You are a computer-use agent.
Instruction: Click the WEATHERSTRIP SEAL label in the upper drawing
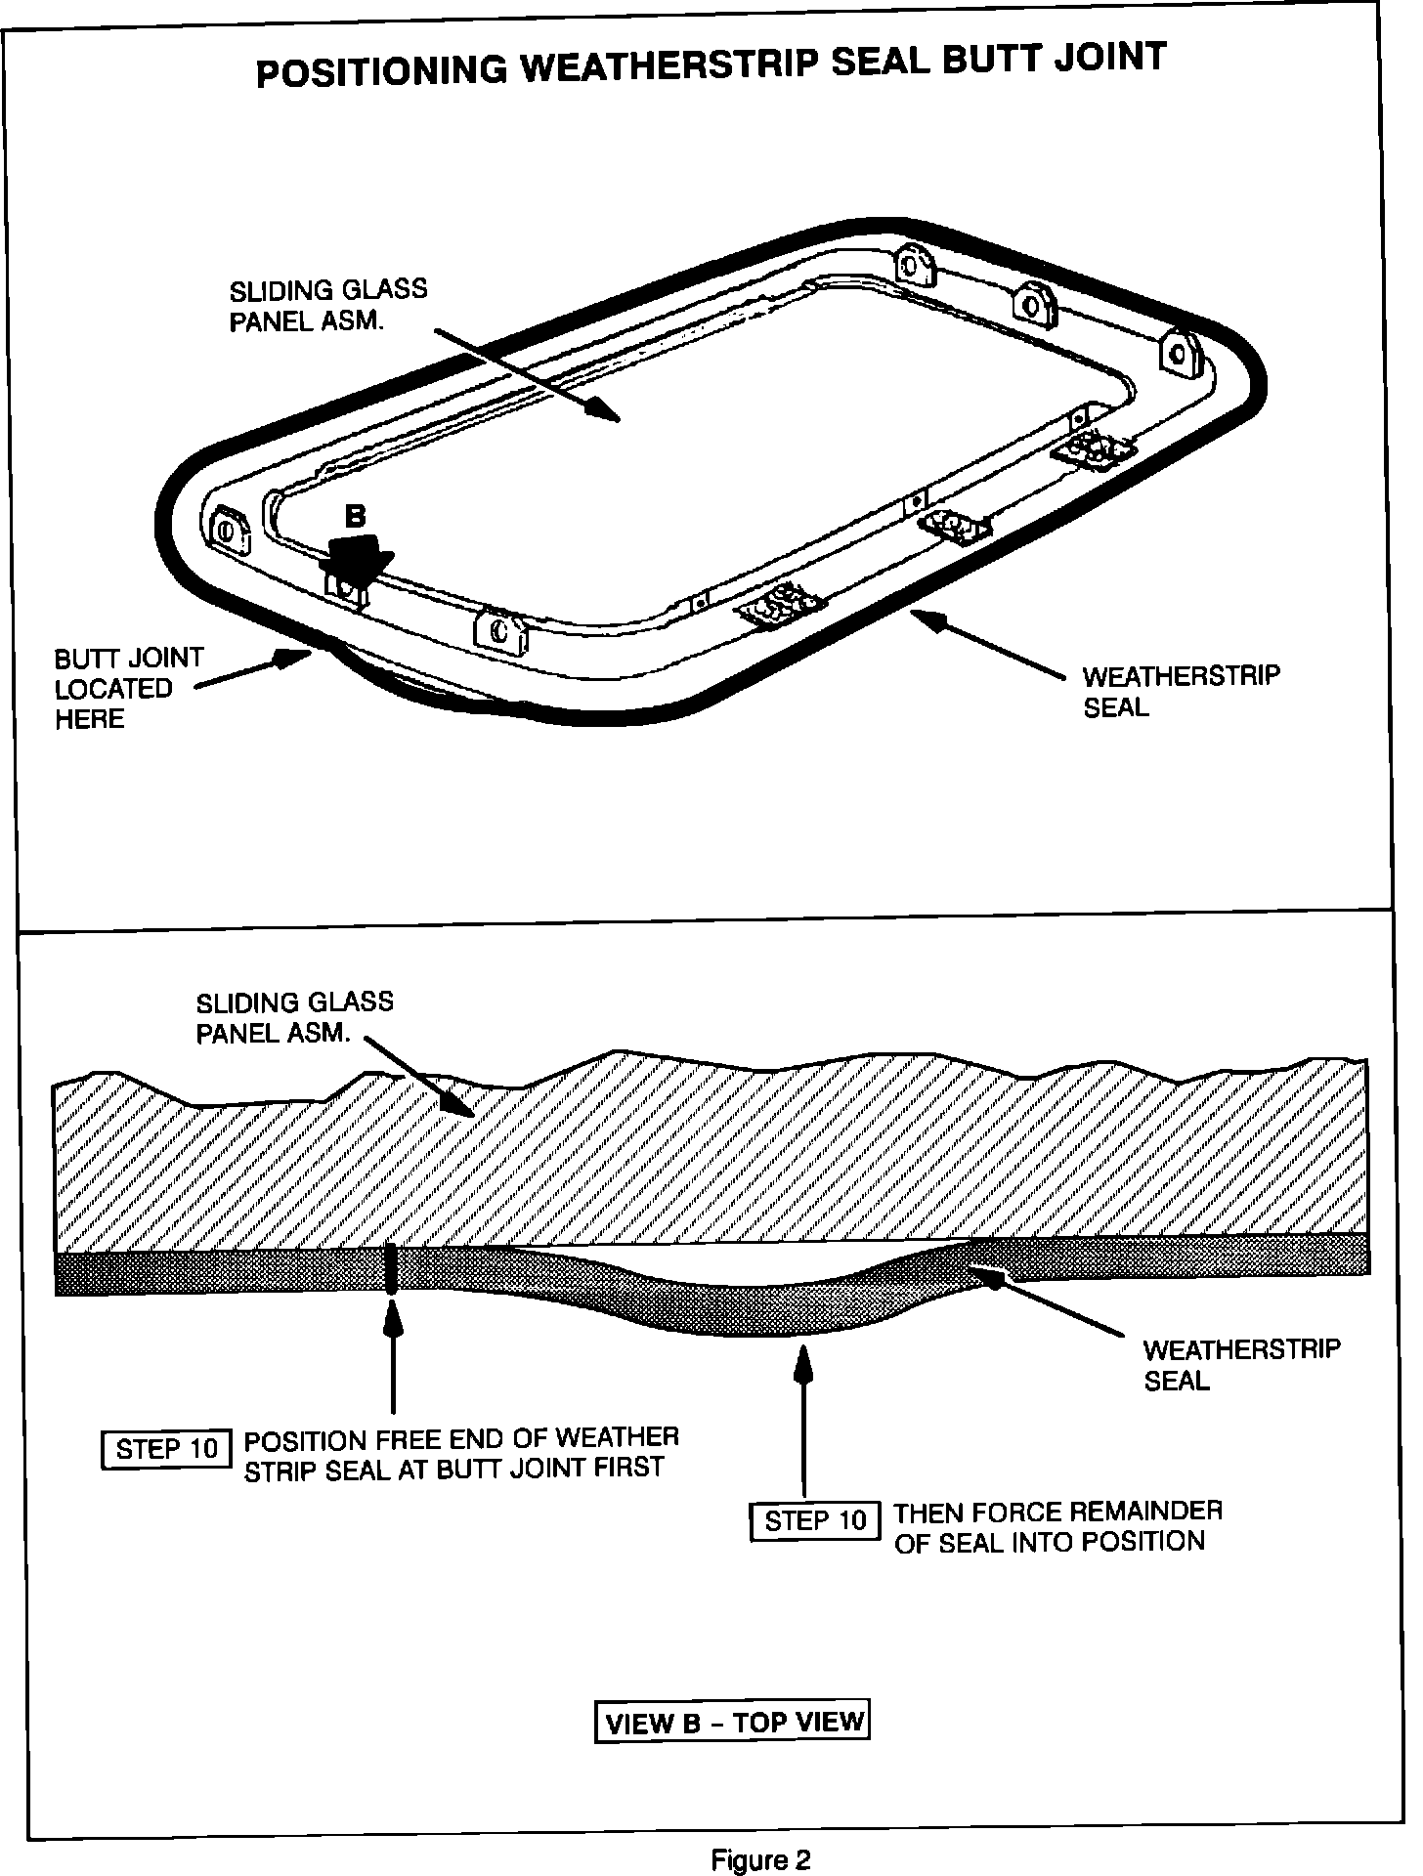(1180, 691)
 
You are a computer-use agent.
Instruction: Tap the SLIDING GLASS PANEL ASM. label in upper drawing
(327, 305)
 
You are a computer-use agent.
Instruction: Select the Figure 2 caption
(760, 1860)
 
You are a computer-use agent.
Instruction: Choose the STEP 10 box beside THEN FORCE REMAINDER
(814, 1521)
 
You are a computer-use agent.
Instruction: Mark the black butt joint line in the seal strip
(391, 1267)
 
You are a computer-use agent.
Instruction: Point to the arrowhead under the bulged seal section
(803, 1361)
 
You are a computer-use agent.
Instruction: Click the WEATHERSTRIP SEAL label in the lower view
(1240, 1365)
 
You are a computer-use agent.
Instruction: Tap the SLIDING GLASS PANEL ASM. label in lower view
(294, 1017)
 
